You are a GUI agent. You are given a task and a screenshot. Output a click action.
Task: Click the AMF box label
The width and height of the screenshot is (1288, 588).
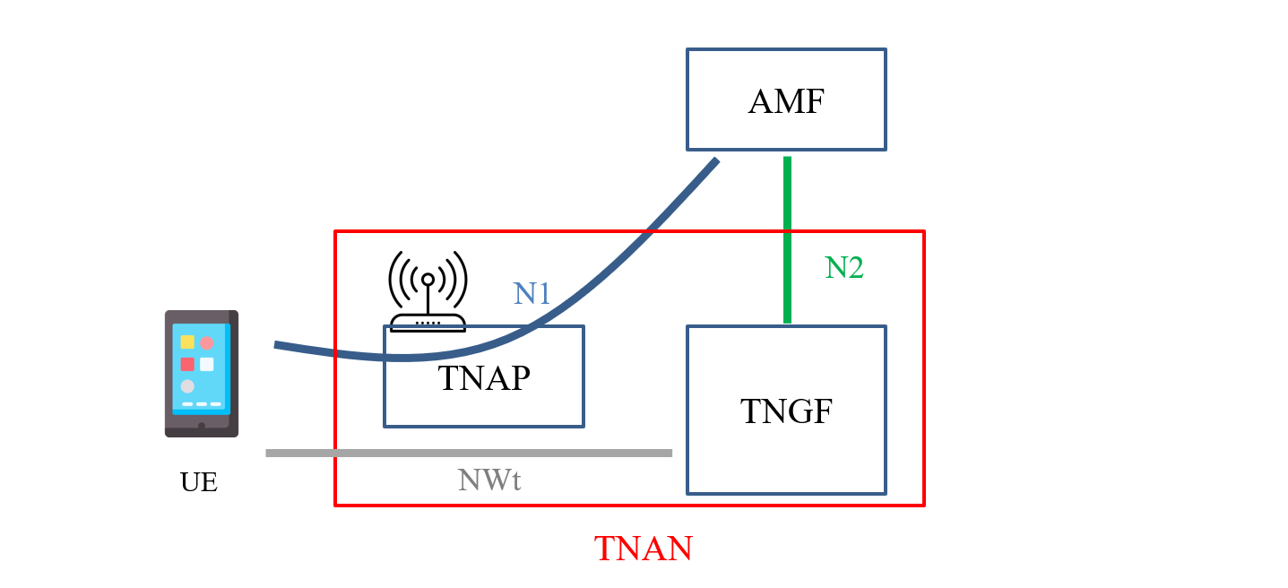(x=786, y=102)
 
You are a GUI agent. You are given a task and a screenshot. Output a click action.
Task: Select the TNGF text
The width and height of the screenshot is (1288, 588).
(x=786, y=411)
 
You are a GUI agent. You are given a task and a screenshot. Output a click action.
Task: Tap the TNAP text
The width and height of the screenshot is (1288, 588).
(x=484, y=378)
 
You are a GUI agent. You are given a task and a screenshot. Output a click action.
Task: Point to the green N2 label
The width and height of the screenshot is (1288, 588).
(x=843, y=267)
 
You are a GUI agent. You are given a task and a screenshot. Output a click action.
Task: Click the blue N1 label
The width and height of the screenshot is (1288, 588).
(x=532, y=293)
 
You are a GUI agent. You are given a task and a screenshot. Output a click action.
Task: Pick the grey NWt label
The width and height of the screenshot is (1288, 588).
(x=489, y=480)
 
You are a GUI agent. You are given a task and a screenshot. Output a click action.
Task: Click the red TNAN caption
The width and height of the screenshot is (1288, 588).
(x=644, y=549)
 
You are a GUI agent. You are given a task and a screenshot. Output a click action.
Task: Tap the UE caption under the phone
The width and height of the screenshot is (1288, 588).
(x=199, y=482)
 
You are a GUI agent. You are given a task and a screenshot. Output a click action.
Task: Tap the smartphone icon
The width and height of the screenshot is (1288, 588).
(x=202, y=374)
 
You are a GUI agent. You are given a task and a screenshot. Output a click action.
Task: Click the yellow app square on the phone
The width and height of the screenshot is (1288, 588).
(x=187, y=342)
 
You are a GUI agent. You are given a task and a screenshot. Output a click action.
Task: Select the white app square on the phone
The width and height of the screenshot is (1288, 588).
(x=207, y=364)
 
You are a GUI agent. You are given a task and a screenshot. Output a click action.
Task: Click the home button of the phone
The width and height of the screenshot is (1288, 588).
(x=202, y=426)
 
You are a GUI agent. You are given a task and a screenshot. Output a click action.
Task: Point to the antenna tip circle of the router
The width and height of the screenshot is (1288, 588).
(x=428, y=280)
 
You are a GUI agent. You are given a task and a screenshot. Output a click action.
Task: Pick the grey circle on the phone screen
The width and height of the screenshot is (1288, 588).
(x=187, y=386)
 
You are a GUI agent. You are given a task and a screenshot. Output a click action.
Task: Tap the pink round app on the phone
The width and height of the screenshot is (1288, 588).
(x=207, y=342)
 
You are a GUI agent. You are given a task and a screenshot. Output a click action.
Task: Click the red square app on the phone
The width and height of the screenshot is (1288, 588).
(x=187, y=364)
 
